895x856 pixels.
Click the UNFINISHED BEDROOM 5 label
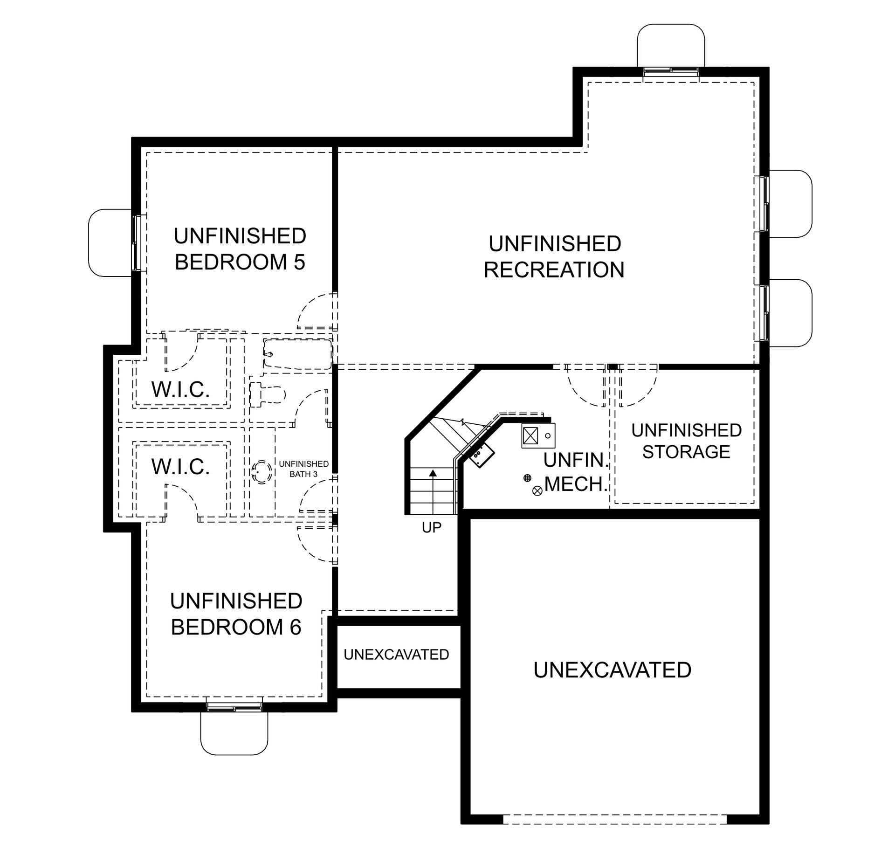[x=240, y=249]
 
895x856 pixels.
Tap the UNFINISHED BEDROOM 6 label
[x=236, y=614]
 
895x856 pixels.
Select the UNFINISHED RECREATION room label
[x=554, y=257]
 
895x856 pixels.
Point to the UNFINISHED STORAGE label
[x=687, y=441]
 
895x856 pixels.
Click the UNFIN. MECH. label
[x=577, y=472]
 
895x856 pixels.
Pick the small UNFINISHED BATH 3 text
[x=304, y=469]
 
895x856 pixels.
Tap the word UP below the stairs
[x=432, y=527]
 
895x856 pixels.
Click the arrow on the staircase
[x=433, y=492]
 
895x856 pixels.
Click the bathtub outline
[x=297, y=355]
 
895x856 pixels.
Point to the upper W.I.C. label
[x=181, y=389]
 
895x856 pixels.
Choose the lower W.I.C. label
[x=181, y=467]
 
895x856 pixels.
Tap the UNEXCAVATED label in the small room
[x=396, y=655]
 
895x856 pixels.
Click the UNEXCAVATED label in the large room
[x=613, y=670]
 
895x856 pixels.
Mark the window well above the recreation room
[x=671, y=46]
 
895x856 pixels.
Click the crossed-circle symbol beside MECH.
[x=537, y=490]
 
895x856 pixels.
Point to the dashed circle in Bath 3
[x=262, y=471]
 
